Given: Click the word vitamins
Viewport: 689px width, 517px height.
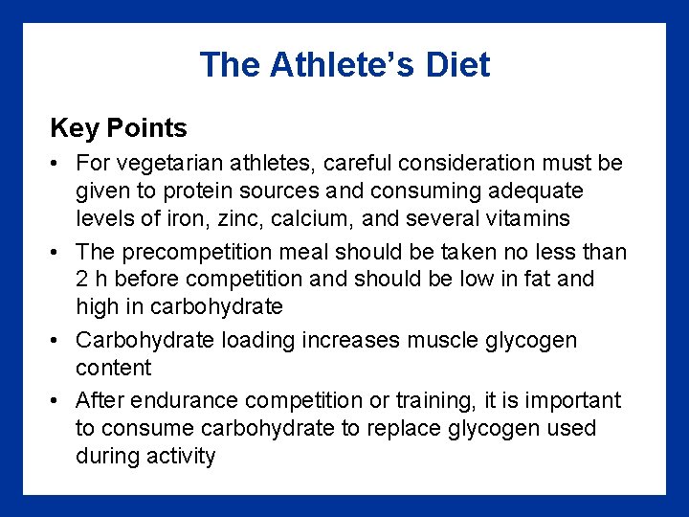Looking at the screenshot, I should [526, 218].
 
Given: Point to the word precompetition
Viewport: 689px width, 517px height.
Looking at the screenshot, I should [191, 252].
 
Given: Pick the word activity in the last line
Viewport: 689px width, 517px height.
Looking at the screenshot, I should [180, 456].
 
